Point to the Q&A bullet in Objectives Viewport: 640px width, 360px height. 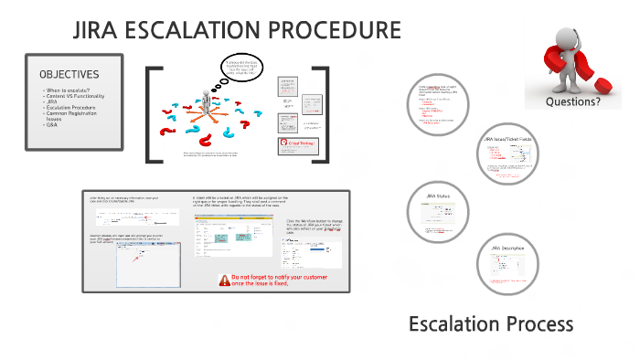pyautogui.click(x=49, y=123)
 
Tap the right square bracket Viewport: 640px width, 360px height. pyautogui.click(x=321, y=114)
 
